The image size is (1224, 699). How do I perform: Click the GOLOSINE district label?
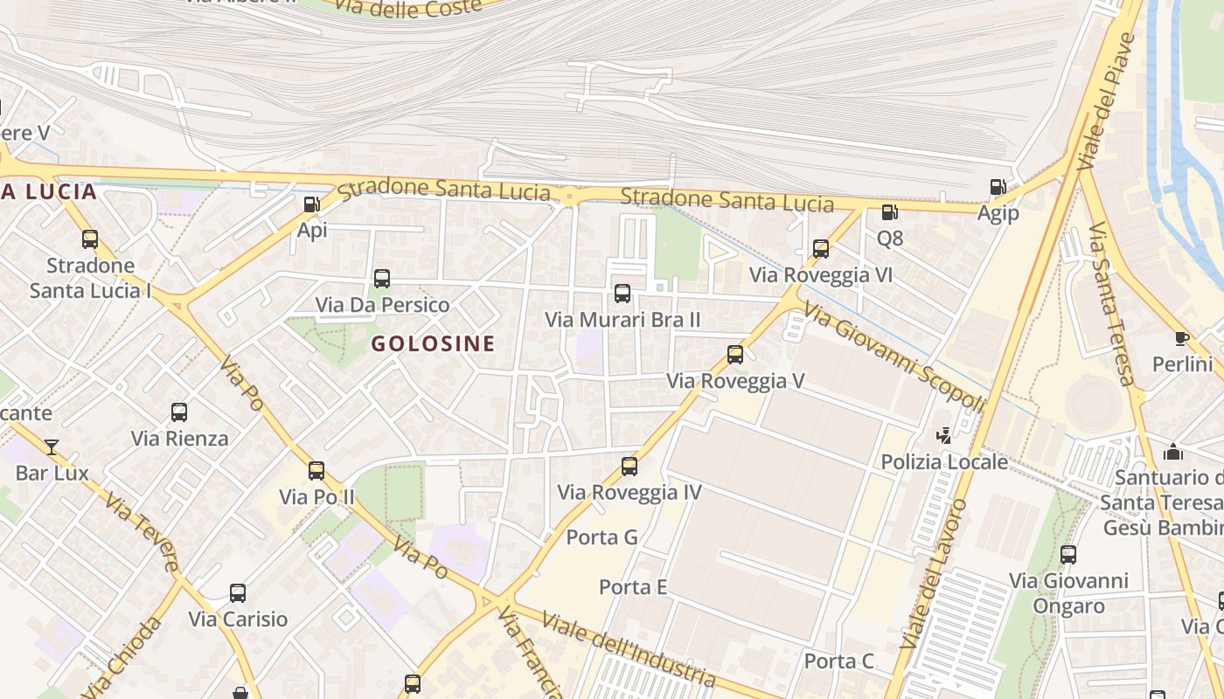[433, 343]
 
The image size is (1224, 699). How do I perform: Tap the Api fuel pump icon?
[311, 205]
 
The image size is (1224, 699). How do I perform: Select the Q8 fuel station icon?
[889, 211]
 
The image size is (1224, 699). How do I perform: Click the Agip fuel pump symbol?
[998, 187]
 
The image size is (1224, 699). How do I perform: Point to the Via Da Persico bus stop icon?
[382, 279]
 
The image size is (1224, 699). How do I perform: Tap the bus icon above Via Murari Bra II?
[622, 294]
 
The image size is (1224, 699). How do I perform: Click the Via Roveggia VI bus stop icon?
[821, 249]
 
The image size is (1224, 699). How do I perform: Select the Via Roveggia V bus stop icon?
[735, 355]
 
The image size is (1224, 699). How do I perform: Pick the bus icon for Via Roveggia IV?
[629, 467]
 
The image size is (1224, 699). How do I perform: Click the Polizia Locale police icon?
[943, 435]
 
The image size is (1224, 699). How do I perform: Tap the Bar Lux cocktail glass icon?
[52, 447]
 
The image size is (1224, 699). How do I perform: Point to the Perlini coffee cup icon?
[1182, 338]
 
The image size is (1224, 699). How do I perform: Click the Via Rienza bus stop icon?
[179, 412]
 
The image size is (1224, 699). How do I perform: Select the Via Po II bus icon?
[316, 471]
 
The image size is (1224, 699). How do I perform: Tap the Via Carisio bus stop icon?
[238, 593]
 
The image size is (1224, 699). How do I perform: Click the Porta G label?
[602, 536]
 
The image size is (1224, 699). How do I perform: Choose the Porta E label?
[633, 587]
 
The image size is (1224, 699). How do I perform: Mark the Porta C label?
[838, 661]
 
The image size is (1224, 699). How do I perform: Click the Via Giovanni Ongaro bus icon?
[1068, 554]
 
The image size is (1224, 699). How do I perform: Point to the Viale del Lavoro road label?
[933, 573]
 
